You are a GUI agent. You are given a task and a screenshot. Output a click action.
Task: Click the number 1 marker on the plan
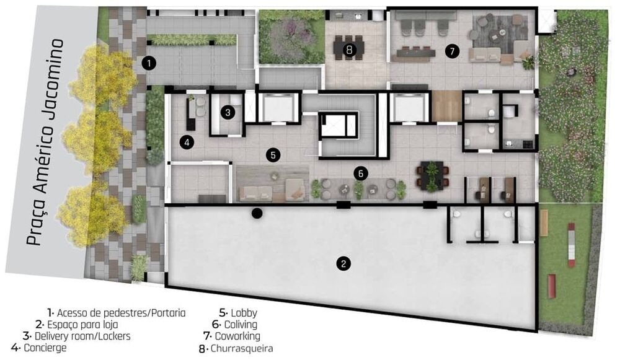coord(148,62)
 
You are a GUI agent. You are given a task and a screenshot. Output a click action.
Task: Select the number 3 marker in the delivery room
coord(229,112)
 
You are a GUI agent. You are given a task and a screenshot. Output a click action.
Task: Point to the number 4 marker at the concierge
coord(187,143)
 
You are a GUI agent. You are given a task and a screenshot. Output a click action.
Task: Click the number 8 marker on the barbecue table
coord(349,49)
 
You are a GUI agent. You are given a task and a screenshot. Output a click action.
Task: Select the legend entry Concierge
coord(45,348)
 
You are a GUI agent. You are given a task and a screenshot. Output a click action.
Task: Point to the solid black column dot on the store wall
coord(257,213)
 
